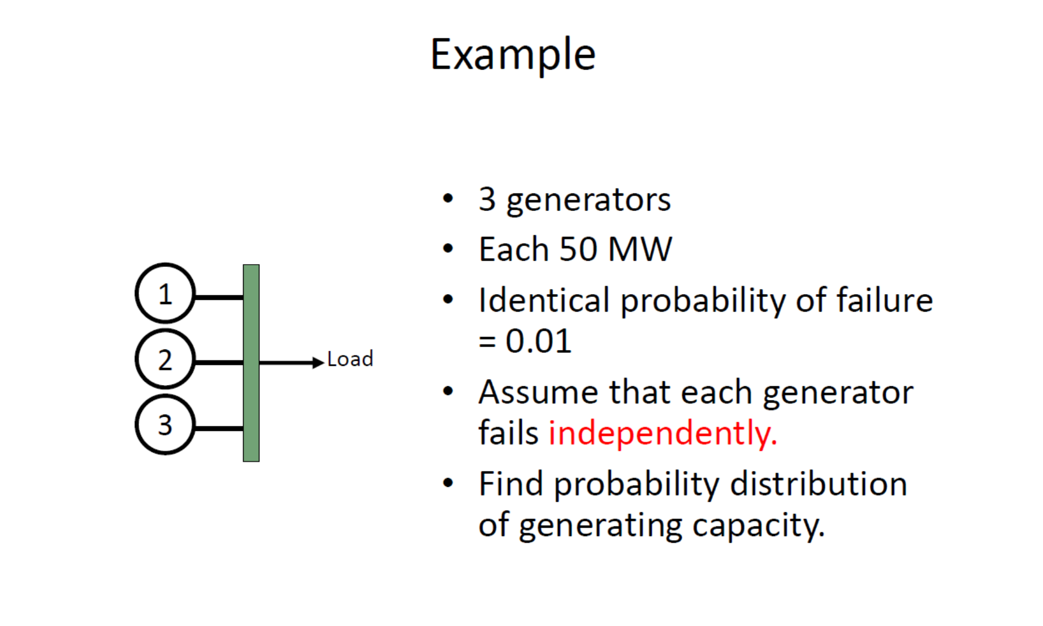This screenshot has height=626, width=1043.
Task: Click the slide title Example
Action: (513, 55)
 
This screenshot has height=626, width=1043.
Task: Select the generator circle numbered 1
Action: (165, 293)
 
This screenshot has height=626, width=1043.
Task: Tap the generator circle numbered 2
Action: (165, 359)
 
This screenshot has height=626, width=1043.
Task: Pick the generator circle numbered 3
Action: (165, 425)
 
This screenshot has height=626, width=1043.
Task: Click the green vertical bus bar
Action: (251, 362)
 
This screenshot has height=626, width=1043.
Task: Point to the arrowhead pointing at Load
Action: (318, 362)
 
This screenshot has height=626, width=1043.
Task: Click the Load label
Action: (350, 359)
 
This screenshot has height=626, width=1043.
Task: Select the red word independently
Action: (663, 434)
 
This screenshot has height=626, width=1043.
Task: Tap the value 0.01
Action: (539, 341)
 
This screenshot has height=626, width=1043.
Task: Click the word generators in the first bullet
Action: (588, 200)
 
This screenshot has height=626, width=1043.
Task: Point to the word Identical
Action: (544, 300)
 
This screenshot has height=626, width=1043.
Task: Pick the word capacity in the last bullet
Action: (758, 526)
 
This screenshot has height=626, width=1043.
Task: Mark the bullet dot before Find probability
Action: (448, 483)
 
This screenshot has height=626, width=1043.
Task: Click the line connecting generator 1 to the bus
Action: (219, 297)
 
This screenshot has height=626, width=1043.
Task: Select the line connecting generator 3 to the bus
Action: (219, 429)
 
